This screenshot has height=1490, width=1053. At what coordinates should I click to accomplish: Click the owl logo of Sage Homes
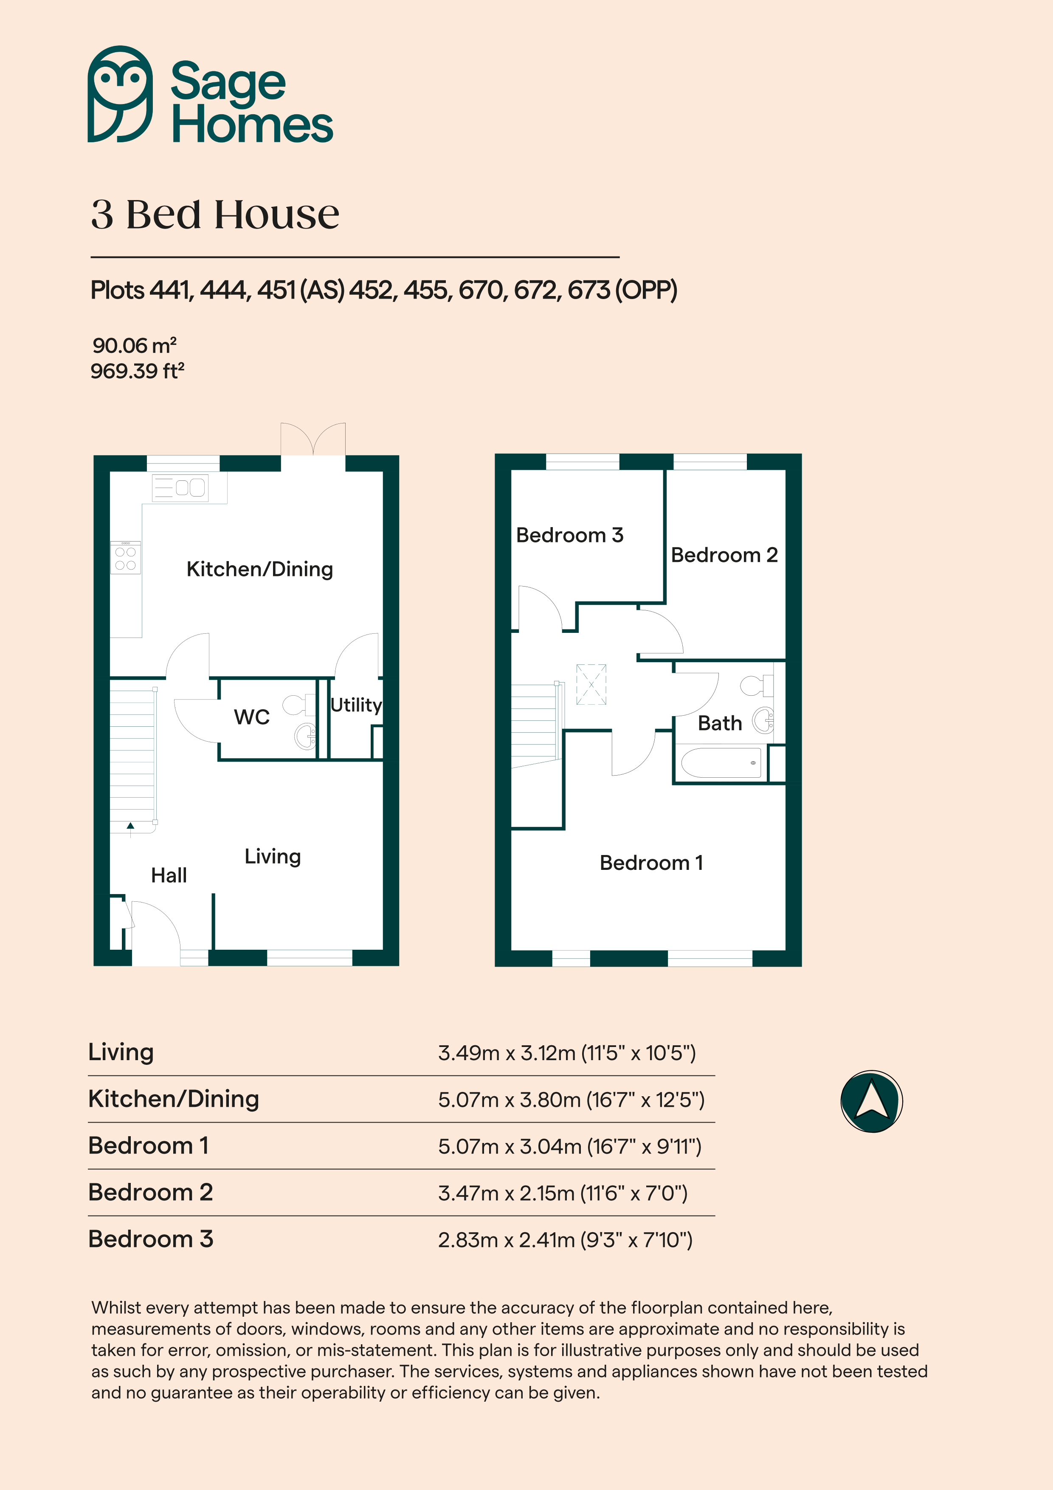coord(120,94)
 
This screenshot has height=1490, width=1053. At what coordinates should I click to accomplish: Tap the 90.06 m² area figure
coord(134,345)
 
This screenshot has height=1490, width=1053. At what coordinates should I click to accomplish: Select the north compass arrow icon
coord(871,1101)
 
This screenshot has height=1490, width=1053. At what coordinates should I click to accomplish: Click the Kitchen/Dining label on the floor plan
coord(259,569)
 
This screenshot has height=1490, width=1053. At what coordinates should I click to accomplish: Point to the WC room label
coord(252,717)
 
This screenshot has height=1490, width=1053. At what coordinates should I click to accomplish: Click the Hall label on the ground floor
coord(169,875)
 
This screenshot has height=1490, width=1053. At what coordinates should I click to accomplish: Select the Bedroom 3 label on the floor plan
coord(570,535)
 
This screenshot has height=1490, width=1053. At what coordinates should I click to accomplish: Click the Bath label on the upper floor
coord(720,723)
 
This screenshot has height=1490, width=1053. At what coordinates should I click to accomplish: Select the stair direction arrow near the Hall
coord(130,829)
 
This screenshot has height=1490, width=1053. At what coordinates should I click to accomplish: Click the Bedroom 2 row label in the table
coord(151,1192)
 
